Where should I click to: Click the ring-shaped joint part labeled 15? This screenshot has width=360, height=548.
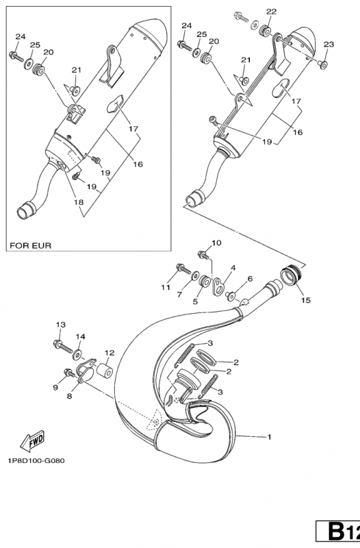coord(292,278)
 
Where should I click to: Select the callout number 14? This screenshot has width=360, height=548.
coord(81,336)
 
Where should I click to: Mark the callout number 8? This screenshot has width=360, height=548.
coord(69,396)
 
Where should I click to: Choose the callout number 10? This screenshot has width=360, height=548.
coord(216,242)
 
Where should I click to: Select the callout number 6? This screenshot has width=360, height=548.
coord(250,279)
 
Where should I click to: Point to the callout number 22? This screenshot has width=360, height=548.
coord(272,12)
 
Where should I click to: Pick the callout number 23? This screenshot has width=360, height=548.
coord(329,45)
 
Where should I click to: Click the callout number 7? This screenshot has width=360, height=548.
coord(180,295)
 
